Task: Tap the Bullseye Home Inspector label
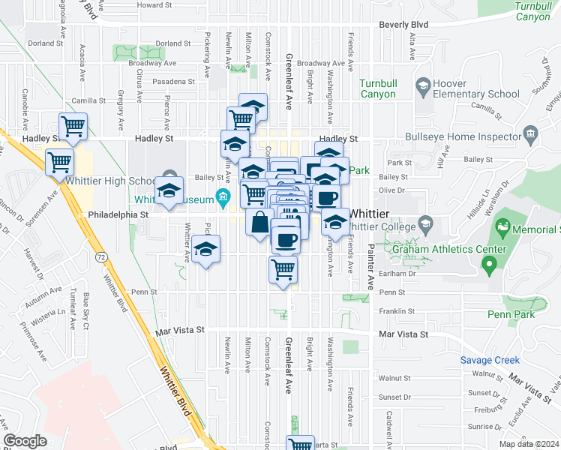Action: click(463, 137)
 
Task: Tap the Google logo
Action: click(25, 441)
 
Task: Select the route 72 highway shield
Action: click(100, 256)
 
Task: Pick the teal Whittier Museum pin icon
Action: click(222, 198)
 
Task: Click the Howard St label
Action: click(154, 4)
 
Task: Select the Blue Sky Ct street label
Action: click(86, 311)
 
